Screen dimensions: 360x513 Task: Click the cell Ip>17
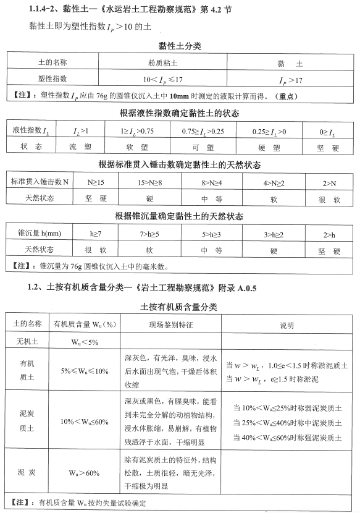tap(290, 80)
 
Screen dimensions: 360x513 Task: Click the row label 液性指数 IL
tap(31, 131)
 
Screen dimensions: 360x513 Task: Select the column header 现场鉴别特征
tap(170, 324)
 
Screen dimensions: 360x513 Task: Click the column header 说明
tap(287, 324)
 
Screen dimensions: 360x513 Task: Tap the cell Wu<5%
tap(84, 341)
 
